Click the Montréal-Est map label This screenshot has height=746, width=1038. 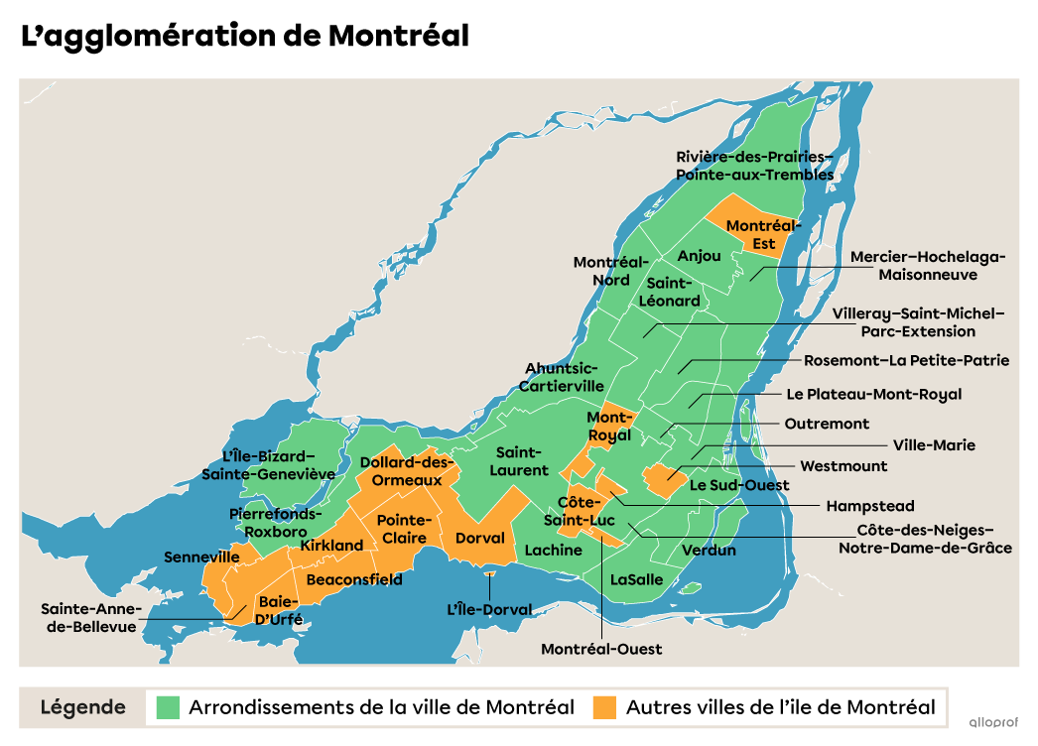(763, 235)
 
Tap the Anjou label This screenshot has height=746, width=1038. (699, 256)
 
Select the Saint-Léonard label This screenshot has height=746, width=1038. (669, 292)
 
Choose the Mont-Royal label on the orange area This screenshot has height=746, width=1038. (608, 427)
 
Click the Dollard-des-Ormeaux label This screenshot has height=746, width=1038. (407, 471)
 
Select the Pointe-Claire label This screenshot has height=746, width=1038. (404, 529)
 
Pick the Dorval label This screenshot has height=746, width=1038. (480, 538)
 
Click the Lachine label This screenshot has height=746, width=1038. (553, 550)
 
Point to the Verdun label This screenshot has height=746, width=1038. (709, 550)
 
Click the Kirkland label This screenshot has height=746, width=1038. (331, 546)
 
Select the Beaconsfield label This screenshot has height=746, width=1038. (354, 579)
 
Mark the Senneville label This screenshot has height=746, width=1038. (201, 558)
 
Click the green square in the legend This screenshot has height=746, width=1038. (169, 707)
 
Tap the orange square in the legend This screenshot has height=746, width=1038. (604, 707)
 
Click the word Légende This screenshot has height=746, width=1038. (83, 707)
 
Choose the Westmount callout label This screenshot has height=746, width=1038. (843, 465)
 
